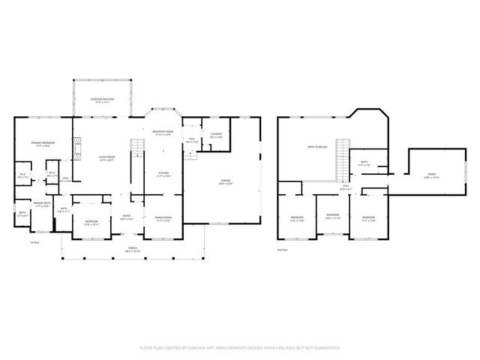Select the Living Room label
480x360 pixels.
[x=106, y=157]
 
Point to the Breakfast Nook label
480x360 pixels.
[x=163, y=133]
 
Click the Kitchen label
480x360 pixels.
[x=163, y=174]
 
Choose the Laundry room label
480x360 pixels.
[x=216, y=135]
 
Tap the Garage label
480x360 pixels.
[x=225, y=182]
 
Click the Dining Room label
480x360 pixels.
[x=163, y=218]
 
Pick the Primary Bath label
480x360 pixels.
[x=41, y=204]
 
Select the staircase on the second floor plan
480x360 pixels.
[x=343, y=157]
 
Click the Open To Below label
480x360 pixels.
[x=318, y=148]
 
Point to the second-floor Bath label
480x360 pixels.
[x=363, y=163]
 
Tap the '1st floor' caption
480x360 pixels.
[x=34, y=242]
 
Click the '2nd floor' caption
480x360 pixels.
[x=282, y=249]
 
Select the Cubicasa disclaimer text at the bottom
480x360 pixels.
[x=240, y=348]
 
